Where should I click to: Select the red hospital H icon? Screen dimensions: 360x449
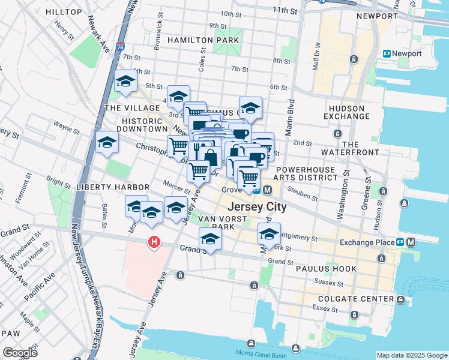[154, 242]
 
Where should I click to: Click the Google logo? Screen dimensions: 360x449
[20, 353]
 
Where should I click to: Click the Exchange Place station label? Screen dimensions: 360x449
[365, 242]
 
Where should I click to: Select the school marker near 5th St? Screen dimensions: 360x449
[125, 82]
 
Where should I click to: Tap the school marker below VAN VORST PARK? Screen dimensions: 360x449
[210, 239]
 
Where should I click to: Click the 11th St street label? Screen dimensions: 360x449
[285, 10]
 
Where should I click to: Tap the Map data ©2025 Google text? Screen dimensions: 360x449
[411, 355]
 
